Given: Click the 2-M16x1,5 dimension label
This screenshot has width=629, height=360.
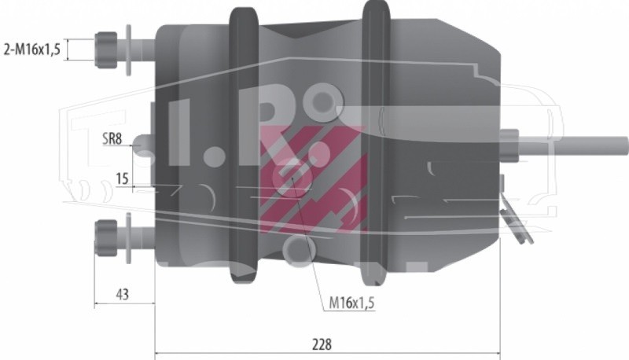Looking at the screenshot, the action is click(31, 50).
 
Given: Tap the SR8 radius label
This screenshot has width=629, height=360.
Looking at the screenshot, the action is click(112, 139).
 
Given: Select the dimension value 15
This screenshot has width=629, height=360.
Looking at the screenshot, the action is click(122, 178).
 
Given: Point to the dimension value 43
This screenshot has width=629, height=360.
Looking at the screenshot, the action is click(123, 294).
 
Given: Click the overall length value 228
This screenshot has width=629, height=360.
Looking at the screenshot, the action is click(322, 344).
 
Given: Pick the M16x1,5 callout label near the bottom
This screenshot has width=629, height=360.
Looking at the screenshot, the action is click(351, 303).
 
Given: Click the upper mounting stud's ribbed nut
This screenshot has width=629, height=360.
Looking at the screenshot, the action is click(106, 50).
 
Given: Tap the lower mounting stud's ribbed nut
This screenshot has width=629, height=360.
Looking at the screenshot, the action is click(106, 238).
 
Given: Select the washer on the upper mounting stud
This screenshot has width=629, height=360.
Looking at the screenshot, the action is click(128, 50).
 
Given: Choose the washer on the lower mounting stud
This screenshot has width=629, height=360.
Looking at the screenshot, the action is click(128, 238).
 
